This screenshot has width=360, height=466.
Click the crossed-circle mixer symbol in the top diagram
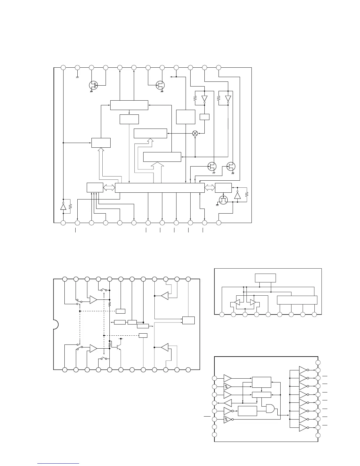coord(195,134)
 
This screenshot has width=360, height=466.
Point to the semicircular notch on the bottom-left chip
coord(55,324)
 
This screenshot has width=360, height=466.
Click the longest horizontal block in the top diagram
coord(160,188)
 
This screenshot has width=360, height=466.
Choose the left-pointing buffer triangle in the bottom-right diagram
coord(228,403)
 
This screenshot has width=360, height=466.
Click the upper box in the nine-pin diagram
coord(265,278)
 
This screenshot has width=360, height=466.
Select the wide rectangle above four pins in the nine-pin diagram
coord(297,300)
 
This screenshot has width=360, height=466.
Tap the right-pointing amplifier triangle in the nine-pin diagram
coord(252,302)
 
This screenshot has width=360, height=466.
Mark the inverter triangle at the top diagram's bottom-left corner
coord(63,207)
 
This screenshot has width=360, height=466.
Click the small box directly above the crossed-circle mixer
coord(204,116)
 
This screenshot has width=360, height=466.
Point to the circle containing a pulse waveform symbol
coord(223,200)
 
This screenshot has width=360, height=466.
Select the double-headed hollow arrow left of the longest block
coord(109,188)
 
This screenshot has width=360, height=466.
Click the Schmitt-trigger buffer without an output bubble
coord(227,386)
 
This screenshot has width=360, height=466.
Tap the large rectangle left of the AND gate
coord(247,411)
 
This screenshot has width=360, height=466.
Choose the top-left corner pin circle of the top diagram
coord(63,67)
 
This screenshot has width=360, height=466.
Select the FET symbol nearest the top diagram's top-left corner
coord(93,85)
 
